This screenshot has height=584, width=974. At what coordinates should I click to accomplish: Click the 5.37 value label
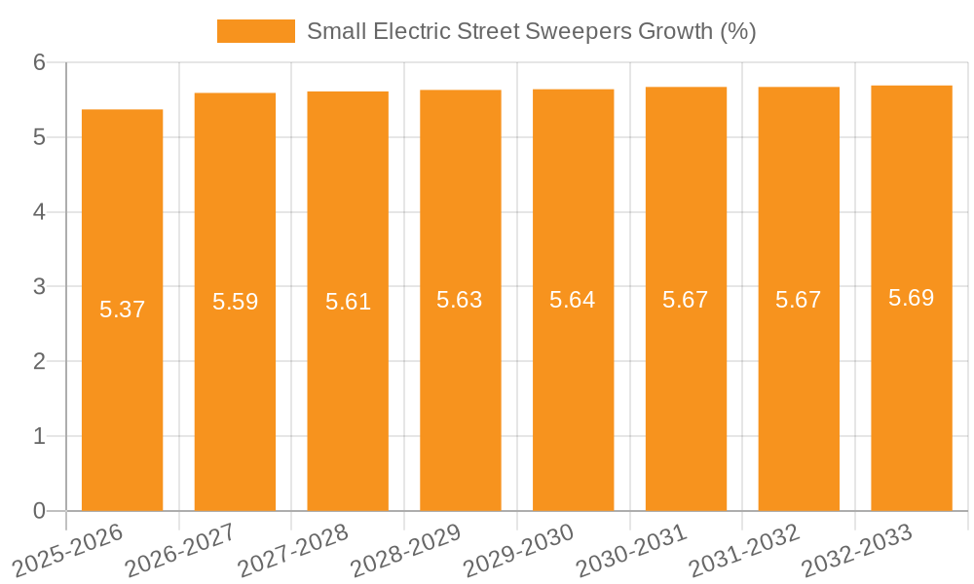click(122, 310)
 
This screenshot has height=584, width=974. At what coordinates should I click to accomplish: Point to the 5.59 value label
click(235, 302)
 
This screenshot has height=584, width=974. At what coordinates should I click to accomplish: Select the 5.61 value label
click(348, 302)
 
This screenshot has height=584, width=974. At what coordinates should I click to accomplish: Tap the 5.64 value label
click(573, 300)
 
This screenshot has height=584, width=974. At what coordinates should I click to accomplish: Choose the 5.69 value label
click(912, 298)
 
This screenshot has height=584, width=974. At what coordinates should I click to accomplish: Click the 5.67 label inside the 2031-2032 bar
click(799, 300)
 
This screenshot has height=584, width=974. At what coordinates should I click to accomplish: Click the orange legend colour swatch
click(255, 31)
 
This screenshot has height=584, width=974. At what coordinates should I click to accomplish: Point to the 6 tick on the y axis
click(40, 62)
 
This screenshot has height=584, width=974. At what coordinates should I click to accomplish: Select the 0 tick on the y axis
click(40, 511)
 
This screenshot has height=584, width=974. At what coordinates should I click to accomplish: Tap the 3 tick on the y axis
click(40, 287)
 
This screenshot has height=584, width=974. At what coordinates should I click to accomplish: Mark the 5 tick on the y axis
click(40, 137)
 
